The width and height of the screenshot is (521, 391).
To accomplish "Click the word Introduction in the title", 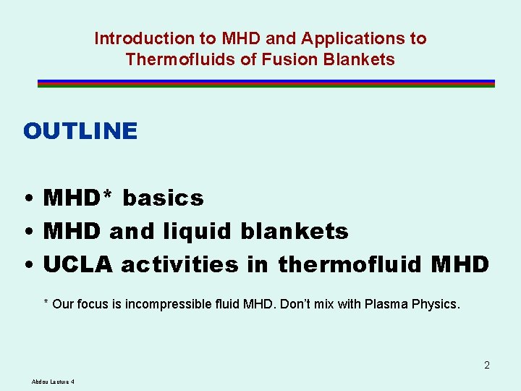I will click(x=135, y=38).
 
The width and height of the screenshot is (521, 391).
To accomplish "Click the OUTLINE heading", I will click(x=80, y=131).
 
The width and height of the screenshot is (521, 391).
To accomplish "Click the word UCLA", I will click(x=78, y=265).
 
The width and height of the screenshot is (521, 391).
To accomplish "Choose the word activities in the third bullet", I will click(x=179, y=265).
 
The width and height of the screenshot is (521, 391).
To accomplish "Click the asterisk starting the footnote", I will click(x=46, y=303).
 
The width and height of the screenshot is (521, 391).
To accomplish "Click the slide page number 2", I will click(x=487, y=365).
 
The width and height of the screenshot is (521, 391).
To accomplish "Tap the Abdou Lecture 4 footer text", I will click(x=54, y=382).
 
